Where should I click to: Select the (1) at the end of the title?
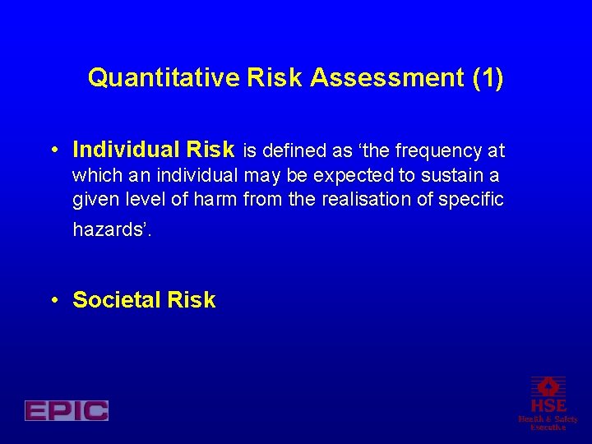(x=488, y=78)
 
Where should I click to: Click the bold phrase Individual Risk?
(x=154, y=150)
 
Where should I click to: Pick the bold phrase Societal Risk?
(x=144, y=300)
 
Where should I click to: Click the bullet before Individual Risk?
(x=53, y=150)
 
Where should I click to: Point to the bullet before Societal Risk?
(x=53, y=301)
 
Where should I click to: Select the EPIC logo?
(x=67, y=410)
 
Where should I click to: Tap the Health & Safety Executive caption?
(x=548, y=423)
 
